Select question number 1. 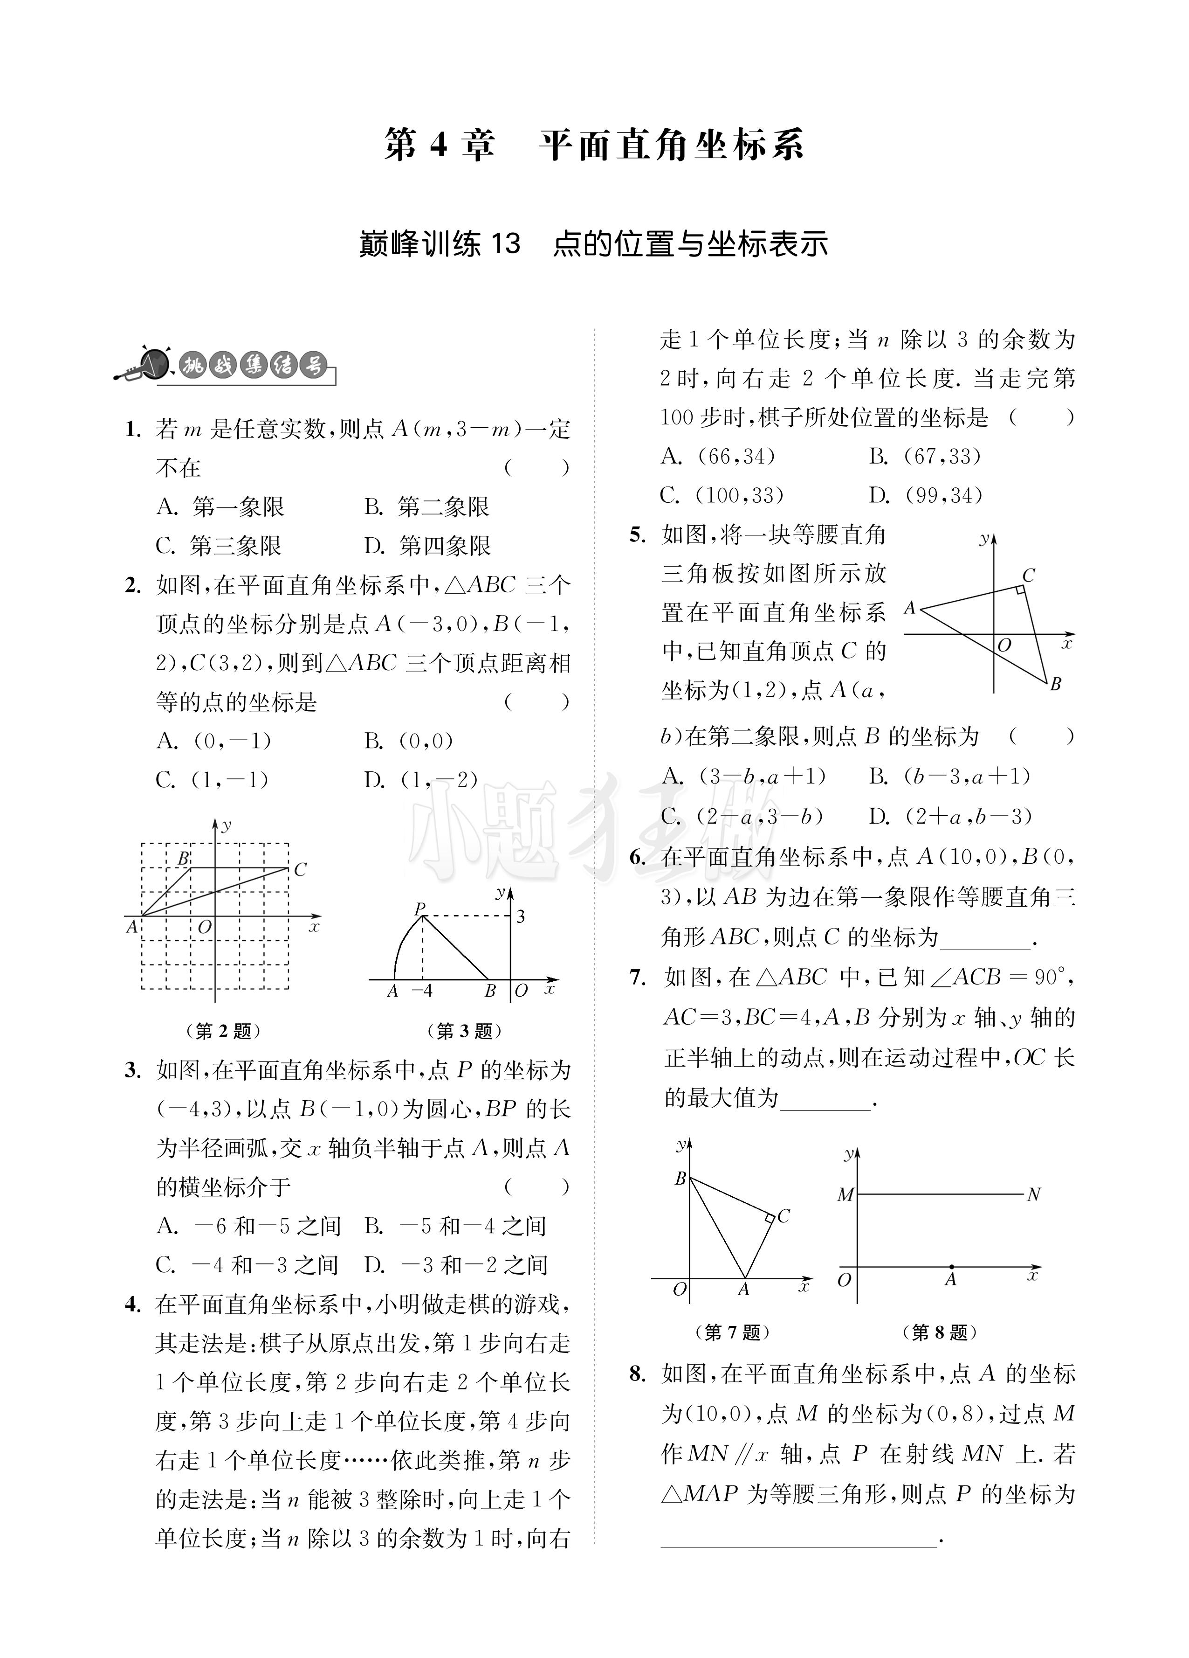pos(132,429)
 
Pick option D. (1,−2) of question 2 pos(422,780)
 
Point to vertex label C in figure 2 pos(300,870)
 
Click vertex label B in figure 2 pos(184,858)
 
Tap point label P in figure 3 pos(419,909)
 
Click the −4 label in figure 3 pos(422,991)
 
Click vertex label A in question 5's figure pos(910,608)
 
